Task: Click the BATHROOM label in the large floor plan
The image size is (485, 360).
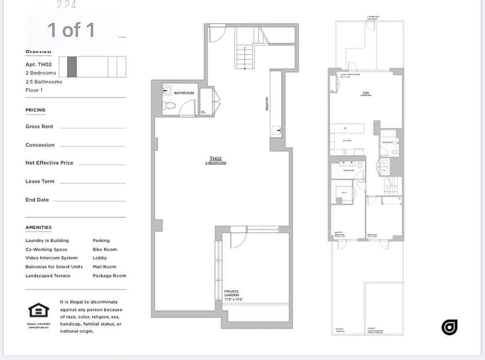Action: click(x=184, y=93)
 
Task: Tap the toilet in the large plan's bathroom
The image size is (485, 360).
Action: click(x=170, y=106)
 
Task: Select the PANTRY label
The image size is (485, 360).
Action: click(x=267, y=104)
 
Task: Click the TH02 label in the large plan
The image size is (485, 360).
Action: click(x=216, y=158)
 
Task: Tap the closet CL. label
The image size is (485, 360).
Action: click(x=204, y=112)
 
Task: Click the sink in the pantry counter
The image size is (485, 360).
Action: click(x=276, y=131)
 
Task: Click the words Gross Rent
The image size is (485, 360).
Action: click(x=40, y=127)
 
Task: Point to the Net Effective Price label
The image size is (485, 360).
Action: click(x=49, y=163)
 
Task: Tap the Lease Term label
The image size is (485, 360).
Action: click(x=40, y=181)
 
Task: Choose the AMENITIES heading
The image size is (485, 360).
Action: click(x=38, y=228)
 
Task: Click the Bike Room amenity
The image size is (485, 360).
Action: click(x=104, y=249)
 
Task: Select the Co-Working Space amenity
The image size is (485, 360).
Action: click(x=46, y=249)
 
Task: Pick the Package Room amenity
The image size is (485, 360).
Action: click(x=109, y=276)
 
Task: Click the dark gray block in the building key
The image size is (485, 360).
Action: click(x=72, y=67)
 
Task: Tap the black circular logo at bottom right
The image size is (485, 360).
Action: click(x=449, y=327)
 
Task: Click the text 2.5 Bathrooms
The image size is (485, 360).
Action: click(x=44, y=82)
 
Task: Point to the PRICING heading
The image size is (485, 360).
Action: click(x=35, y=110)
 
